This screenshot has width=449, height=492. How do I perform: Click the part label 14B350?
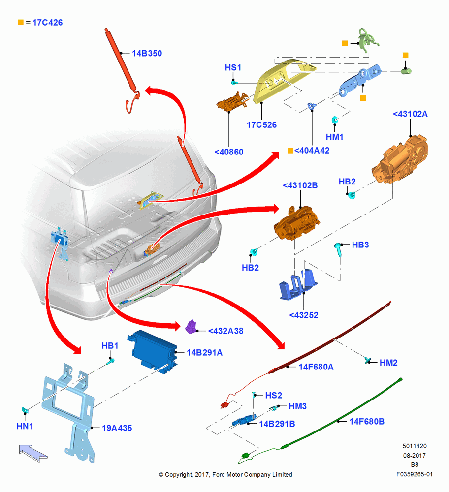(x=147, y=53)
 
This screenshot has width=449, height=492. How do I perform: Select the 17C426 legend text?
(x=47, y=23)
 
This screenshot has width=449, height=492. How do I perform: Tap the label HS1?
(x=233, y=68)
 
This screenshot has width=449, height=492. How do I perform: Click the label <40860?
(x=229, y=152)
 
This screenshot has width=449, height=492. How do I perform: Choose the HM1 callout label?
(x=335, y=137)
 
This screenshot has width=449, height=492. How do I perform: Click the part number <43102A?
(x=410, y=114)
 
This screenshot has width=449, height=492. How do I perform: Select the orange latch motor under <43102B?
(x=297, y=223)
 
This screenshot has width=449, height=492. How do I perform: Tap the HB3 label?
(x=360, y=245)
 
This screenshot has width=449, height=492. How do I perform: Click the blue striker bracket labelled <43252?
(x=298, y=284)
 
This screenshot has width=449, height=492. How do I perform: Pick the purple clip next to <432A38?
(x=191, y=327)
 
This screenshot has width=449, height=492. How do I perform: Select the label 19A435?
(x=117, y=428)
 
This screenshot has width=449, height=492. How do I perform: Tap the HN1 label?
(x=25, y=426)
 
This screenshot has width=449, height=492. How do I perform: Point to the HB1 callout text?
(x=110, y=346)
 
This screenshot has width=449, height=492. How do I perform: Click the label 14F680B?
(x=367, y=422)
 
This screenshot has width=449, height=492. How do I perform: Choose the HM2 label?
(x=389, y=363)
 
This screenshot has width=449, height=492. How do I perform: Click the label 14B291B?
(x=277, y=424)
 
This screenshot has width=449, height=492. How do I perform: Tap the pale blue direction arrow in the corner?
(x=33, y=453)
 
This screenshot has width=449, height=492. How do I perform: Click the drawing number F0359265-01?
(x=415, y=474)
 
